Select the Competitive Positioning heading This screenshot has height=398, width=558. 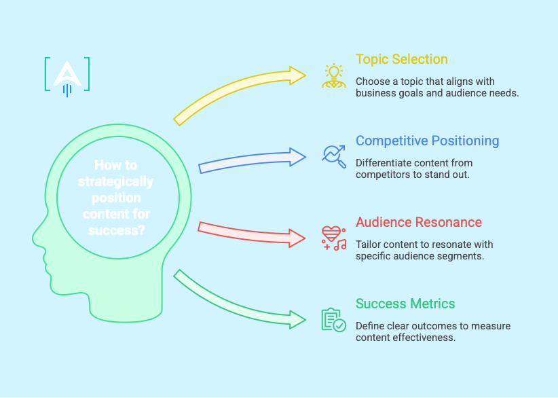[427, 141]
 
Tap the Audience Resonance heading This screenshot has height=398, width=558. [418, 222]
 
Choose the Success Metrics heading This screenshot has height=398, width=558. [405, 304]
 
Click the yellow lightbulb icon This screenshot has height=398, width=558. [333, 76]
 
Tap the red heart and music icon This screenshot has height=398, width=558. [333, 238]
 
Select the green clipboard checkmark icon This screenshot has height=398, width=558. [333, 320]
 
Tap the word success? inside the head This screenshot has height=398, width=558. [117, 230]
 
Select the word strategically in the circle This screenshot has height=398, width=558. [115, 181]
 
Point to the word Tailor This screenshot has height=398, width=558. [369, 245]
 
